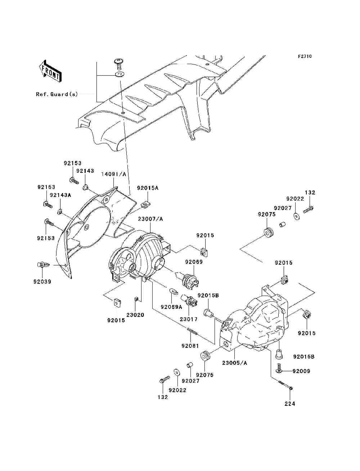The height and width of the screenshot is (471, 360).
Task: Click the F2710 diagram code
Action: click(x=305, y=57)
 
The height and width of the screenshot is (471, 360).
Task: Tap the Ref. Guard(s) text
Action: click(x=57, y=94)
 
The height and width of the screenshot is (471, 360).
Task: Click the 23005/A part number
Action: click(x=235, y=363)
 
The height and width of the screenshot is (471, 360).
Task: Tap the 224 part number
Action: click(x=289, y=404)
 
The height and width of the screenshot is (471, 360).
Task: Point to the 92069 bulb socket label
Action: click(x=194, y=262)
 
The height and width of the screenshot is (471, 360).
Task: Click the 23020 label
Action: click(x=135, y=315)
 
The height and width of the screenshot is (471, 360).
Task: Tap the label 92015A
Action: click(x=147, y=188)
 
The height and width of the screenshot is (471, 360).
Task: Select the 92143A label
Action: click(x=60, y=195)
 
